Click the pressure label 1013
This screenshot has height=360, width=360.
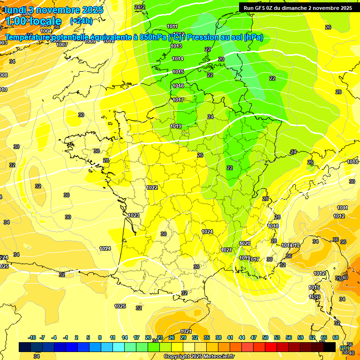pos(176,46)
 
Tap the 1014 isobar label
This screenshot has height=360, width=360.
pos(178,59)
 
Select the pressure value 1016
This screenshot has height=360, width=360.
pos(178,86)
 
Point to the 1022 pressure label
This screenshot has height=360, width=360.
pos(152,187)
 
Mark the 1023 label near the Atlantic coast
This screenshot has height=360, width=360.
pos(134,215)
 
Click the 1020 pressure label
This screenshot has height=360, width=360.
pos(245,243)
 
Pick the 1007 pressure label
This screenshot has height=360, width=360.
pos(62,45)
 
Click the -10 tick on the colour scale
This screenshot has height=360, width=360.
pos(32,337)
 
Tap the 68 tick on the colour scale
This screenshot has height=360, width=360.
pos(336,337)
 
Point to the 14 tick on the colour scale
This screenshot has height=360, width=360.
pos(125,337)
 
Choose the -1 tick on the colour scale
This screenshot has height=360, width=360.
pos(66,337)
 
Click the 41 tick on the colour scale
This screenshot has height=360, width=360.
pos(230,337)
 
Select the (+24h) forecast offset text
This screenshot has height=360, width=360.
pos(81,21)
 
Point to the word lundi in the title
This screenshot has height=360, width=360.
pos(15,10)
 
